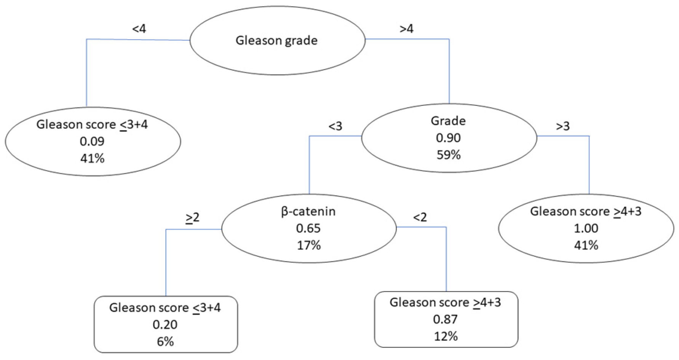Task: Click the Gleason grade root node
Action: (x=277, y=40)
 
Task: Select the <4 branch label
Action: (x=139, y=29)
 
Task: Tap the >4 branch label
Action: (x=406, y=29)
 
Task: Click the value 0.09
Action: (x=92, y=141)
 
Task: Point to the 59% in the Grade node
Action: (x=449, y=155)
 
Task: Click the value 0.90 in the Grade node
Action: (x=448, y=138)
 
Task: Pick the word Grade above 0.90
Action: (x=448, y=121)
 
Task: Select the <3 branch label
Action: (x=335, y=126)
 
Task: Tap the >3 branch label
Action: (x=563, y=126)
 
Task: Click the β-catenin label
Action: (x=308, y=211)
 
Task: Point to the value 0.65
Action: (x=308, y=228)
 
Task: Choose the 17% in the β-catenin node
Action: (x=309, y=245)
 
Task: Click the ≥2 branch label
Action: (x=192, y=217)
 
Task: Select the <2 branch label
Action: (x=420, y=217)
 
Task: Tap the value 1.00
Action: (x=586, y=228)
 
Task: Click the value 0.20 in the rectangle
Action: (x=165, y=325)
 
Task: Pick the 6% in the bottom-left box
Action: (x=165, y=341)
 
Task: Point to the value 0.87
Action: (x=446, y=319)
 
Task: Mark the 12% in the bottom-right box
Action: (x=446, y=336)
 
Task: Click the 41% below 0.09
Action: (x=93, y=158)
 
